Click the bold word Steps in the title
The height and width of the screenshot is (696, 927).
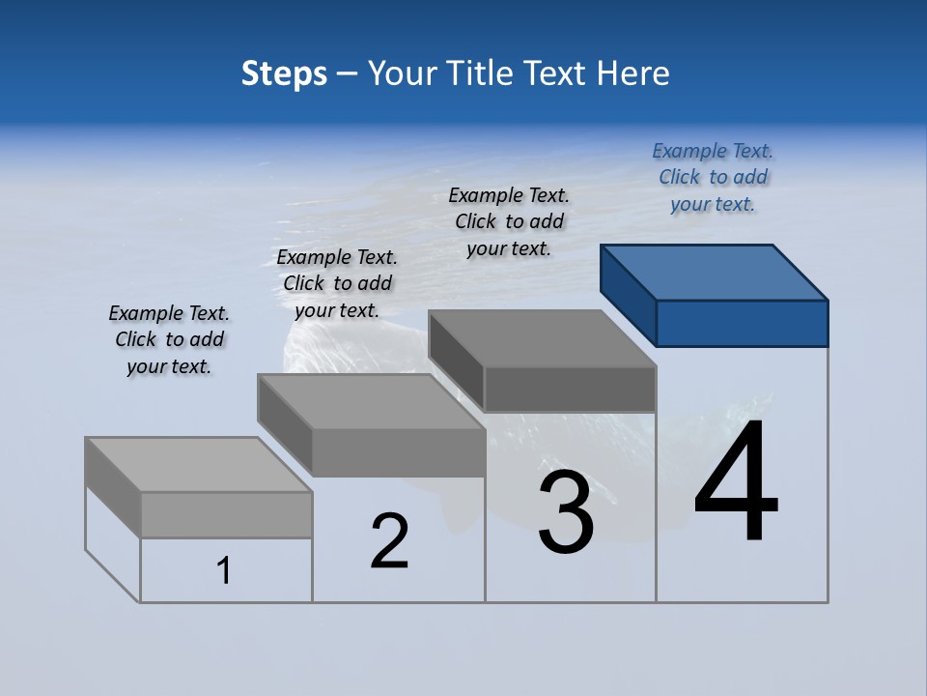tap(284, 73)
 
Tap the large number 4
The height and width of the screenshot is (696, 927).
tap(736, 483)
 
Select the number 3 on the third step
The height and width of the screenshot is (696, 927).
tap(566, 512)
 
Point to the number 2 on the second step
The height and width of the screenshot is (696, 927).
tap(390, 541)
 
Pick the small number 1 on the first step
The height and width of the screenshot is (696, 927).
tap(224, 570)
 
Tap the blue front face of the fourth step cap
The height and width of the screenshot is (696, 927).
tap(742, 323)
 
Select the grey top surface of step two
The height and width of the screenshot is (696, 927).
tap(371, 401)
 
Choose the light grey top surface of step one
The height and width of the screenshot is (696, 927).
tap(199, 465)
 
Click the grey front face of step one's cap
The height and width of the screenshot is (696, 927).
tap(226, 514)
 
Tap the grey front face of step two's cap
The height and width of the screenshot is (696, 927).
tap(398, 452)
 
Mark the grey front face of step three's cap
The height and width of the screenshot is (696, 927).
tap(570, 389)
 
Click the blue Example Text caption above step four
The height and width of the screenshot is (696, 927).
tap(713, 178)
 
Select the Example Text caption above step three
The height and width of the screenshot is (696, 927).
tap(509, 222)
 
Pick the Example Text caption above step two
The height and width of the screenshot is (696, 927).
tap(337, 283)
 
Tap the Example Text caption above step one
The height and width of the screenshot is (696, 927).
tap(169, 339)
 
